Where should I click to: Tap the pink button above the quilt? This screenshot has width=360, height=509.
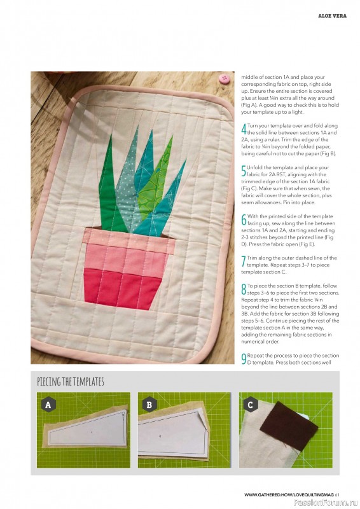223,79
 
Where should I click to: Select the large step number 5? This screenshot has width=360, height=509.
244,171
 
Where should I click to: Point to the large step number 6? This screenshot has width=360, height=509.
244,220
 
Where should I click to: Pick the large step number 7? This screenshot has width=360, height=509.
244,261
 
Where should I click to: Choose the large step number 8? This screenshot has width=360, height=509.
244,290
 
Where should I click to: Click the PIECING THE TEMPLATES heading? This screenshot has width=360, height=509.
71,382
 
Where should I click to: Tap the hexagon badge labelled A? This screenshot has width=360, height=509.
48,404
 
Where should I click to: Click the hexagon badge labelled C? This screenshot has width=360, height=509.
252,404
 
